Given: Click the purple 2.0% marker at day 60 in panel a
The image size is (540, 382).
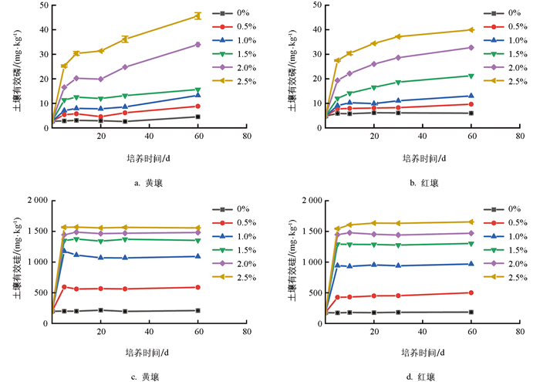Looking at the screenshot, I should pyautogui.click(x=197, y=44).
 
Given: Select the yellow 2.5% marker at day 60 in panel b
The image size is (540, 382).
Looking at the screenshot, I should pyautogui.click(x=471, y=30).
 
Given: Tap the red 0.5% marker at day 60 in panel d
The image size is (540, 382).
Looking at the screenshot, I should pyautogui.click(x=471, y=292).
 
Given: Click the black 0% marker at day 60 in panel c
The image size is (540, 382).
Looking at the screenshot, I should pyautogui.click(x=197, y=310).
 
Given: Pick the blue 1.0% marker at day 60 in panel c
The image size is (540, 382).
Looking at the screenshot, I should pyautogui.click(x=197, y=256).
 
